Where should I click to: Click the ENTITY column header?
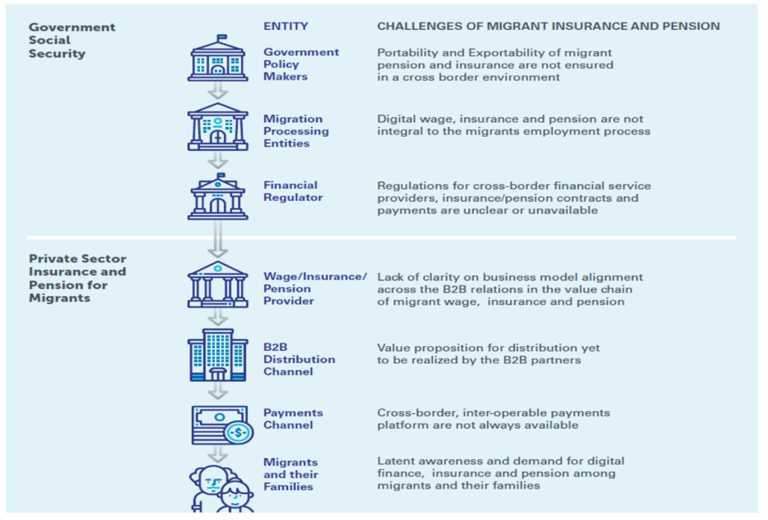[286, 26]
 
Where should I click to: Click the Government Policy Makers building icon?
[218, 58]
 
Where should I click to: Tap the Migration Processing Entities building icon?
[218, 126]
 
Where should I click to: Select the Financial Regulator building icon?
[218, 196]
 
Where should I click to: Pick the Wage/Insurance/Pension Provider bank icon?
[218, 284]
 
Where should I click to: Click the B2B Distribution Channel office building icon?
[218, 355]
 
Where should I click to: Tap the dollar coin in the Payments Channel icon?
[239, 432]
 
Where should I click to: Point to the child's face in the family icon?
[235, 495]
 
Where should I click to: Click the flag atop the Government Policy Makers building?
[222, 38]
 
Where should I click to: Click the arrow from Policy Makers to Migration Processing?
[218, 91]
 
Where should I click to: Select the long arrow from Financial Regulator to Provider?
[218, 239]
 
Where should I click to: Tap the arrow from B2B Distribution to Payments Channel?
[218, 390]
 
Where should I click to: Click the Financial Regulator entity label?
[293, 191]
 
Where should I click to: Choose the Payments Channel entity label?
[293, 419]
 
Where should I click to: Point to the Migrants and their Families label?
[290, 474]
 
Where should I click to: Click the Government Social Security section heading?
[72, 40]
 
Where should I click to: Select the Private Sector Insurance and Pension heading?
[77, 278]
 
